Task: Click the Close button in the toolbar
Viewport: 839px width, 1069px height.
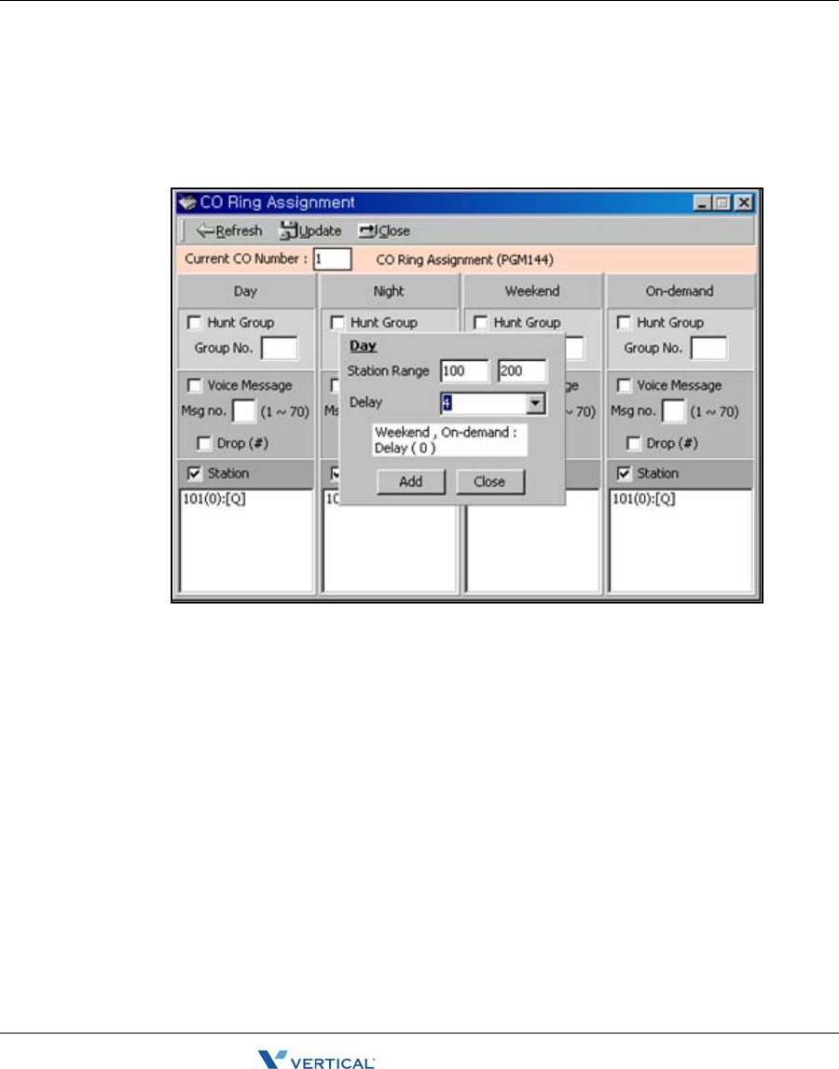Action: pyautogui.click(x=384, y=231)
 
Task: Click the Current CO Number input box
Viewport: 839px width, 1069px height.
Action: pyautogui.click(x=332, y=258)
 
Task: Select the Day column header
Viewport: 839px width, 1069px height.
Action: pyautogui.click(x=245, y=291)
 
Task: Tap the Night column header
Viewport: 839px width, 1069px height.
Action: pyautogui.click(x=389, y=291)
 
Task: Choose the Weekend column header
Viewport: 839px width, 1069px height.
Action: pyautogui.click(x=531, y=291)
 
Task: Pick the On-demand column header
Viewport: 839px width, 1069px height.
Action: pyautogui.click(x=680, y=291)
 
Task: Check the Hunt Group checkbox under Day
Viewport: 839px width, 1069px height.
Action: pyautogui.click(x=195, y=323)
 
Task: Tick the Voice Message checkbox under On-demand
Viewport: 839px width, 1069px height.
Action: pyautogui.click(x=625, y=385)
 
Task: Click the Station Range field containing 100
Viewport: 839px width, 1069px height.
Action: pyautogui.click(x=464, y=371)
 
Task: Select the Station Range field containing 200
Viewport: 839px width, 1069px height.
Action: pyautogui.click(x=522, y=371)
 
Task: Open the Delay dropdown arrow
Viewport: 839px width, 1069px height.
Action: pyautogui.click(x=536, y=404)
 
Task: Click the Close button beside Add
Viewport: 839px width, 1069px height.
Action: pyautogui.click(x=489, y=482)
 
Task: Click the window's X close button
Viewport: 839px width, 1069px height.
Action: pyautogui.click(x=743, y=201)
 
